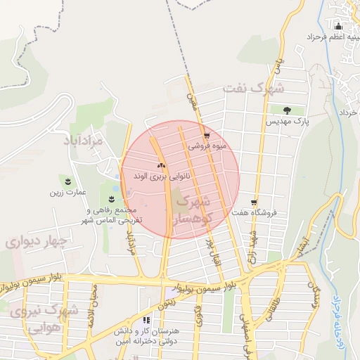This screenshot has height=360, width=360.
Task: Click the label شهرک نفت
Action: (254, 89)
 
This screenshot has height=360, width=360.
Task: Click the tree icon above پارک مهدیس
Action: (287, 110)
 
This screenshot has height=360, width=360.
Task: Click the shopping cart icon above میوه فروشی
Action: (206, 136)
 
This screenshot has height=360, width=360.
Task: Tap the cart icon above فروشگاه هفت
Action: (254, 202)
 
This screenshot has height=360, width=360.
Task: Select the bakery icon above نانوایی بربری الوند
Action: (161, 166)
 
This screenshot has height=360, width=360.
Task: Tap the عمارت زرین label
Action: (67, 191)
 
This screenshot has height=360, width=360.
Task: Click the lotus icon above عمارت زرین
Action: (68, 181)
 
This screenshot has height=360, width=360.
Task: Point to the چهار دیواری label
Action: (36, 242)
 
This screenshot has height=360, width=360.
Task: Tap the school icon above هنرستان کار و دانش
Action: (146, 321)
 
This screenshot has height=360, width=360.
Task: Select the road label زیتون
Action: (171, 302)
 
